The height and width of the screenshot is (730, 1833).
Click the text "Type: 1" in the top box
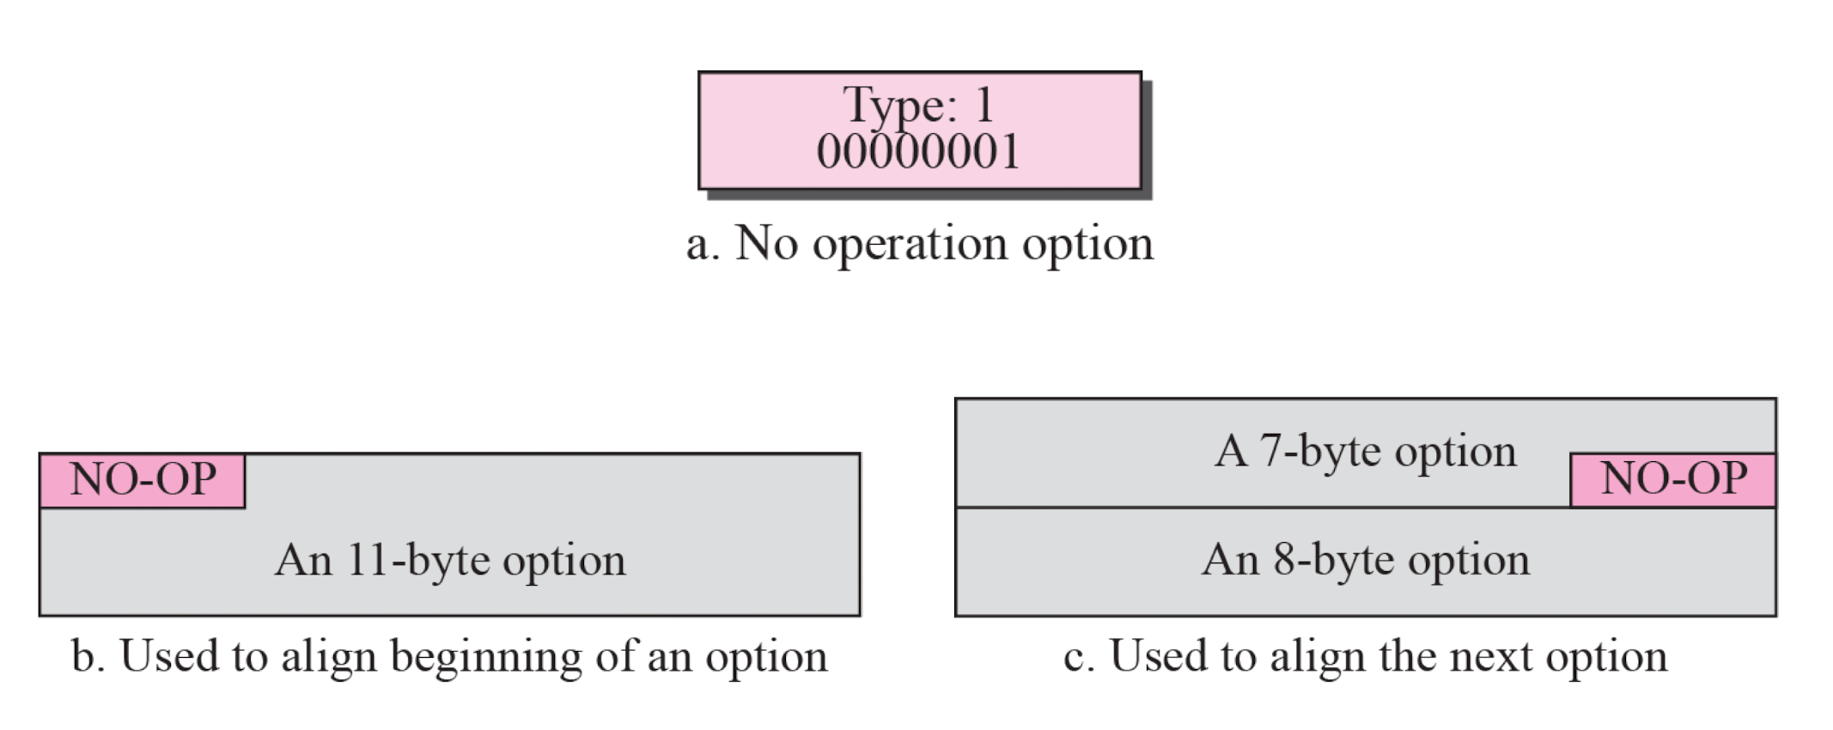(x=919, y=106)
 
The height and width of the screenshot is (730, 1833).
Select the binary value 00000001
(x=919, y=152)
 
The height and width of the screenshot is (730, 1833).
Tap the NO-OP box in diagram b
(x=143, y=480)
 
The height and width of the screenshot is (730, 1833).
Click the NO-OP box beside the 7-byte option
(x=1673, y=479)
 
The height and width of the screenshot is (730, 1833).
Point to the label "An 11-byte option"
(x=450, y=561)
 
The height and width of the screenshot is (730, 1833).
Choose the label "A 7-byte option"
(x=1366, y=452)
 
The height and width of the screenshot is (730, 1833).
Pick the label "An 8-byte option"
(x=1366, y=560)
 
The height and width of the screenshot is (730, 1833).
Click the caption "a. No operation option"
(x=919, y=244)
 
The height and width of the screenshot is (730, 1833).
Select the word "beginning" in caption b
(x=486, y=658)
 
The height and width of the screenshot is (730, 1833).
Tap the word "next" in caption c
(x=1491, y=657)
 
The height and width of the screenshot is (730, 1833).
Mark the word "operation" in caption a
(x=910, y=246)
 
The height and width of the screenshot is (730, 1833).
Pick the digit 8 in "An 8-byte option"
(x=1286, y=560)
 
